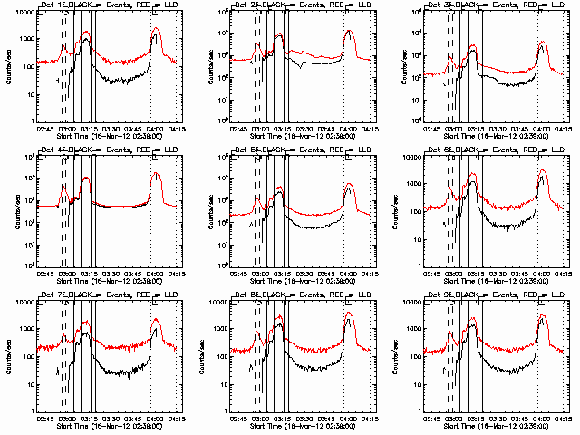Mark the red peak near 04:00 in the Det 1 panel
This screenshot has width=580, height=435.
pos(156,28)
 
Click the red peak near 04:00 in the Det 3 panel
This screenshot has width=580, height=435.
pos(542,43)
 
